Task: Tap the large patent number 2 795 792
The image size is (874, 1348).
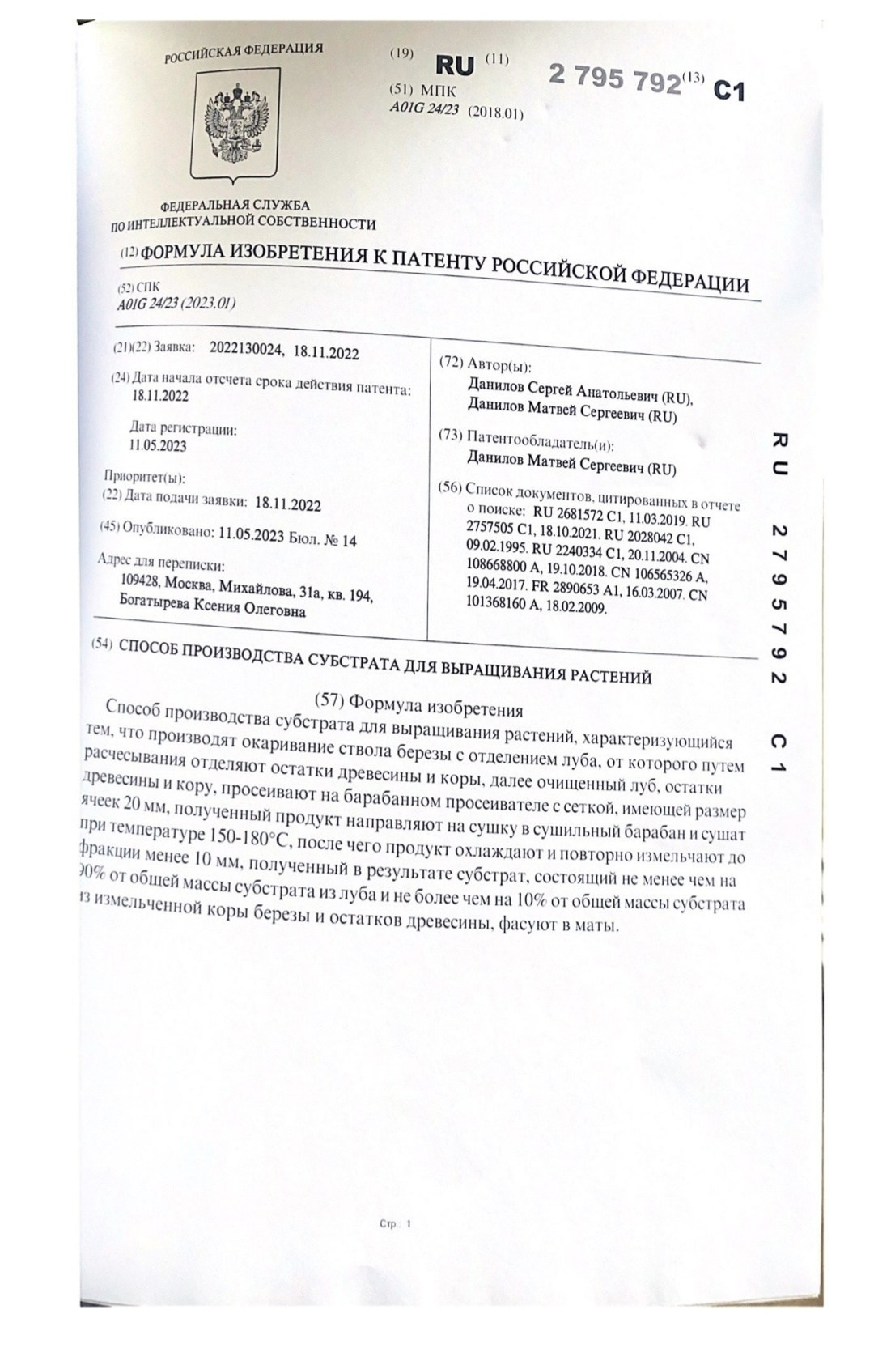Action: (615, 79)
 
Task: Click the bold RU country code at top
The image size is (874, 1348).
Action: (455, 65)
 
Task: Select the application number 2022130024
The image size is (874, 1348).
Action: (247, 350)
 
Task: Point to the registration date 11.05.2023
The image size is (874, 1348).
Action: (157, 445)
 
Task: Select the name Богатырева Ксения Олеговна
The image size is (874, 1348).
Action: (212, 610)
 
